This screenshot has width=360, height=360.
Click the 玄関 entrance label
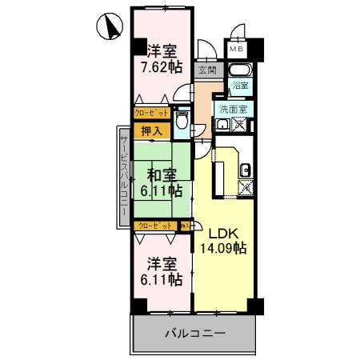click(x=206, y=70)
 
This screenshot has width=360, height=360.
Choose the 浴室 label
click(x=239, y=85)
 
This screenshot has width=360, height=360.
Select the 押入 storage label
click(x=151, y=130)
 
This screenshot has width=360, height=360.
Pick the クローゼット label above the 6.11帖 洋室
click(x=155, y=226)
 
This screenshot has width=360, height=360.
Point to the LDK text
click(x=223, y=234)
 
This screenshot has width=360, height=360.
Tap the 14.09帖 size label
click(x=223, y=248)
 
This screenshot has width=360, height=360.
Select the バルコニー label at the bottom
click(x=195, y=332)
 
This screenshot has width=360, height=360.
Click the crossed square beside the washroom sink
click(x=239, y=124)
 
